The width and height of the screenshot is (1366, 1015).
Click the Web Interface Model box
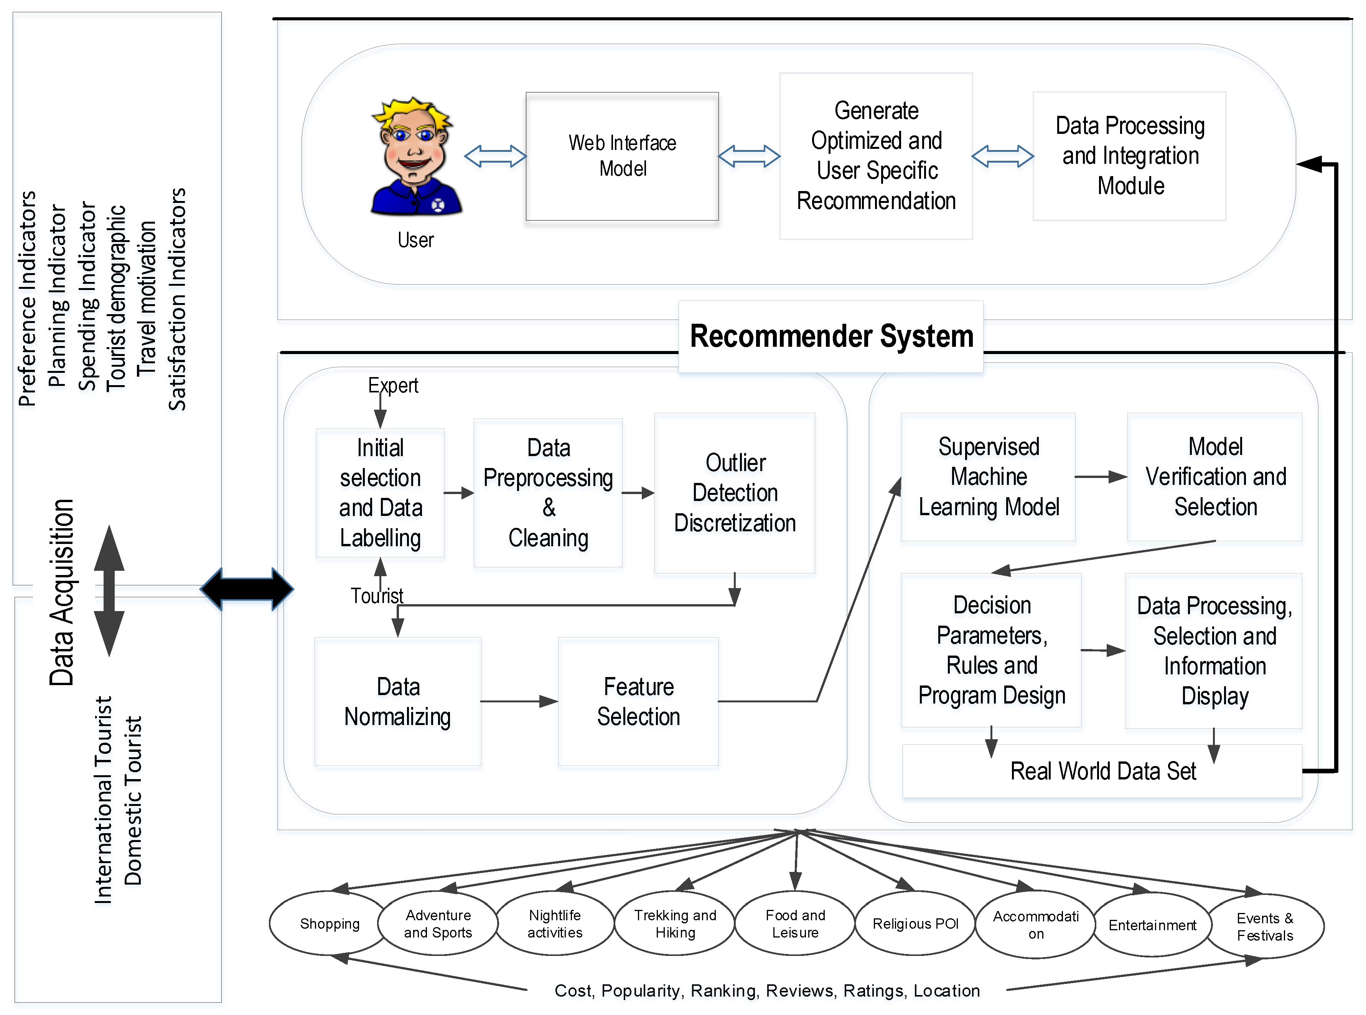pyautogui.click(x=622, y=156)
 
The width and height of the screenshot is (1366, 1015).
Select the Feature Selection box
pyautogui.click(x=638, y=701)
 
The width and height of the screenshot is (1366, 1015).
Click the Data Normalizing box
pyautogui.click(x=397, y=701)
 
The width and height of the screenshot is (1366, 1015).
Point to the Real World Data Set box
pyautogui.click(x=1102, y=771)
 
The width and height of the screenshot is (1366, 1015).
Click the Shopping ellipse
pyautogui.click(x=330, y=923)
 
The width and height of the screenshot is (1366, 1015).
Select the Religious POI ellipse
pyautogui.click(x=915, y=923)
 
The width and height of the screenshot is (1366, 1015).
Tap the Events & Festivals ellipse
pyautogui.click(x=1265, y=926)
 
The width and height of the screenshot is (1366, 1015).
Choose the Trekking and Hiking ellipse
pyautogui.click(x=675, y=923)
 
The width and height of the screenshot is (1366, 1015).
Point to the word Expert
pyautogui.click(x=393, y=385)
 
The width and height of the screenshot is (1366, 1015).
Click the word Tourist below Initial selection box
pyautogui.click(x=377, y=595)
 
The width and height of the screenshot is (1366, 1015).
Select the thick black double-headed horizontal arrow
pyautogui.click(x=247, y=588)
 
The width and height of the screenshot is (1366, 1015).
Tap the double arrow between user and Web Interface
pyautogui.click(x=495, y=156)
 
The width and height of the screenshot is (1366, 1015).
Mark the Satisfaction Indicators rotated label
pyautogui.click(x=177, y=299)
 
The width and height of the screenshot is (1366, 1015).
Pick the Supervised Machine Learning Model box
pyautogui.click(x=988, y=477)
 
